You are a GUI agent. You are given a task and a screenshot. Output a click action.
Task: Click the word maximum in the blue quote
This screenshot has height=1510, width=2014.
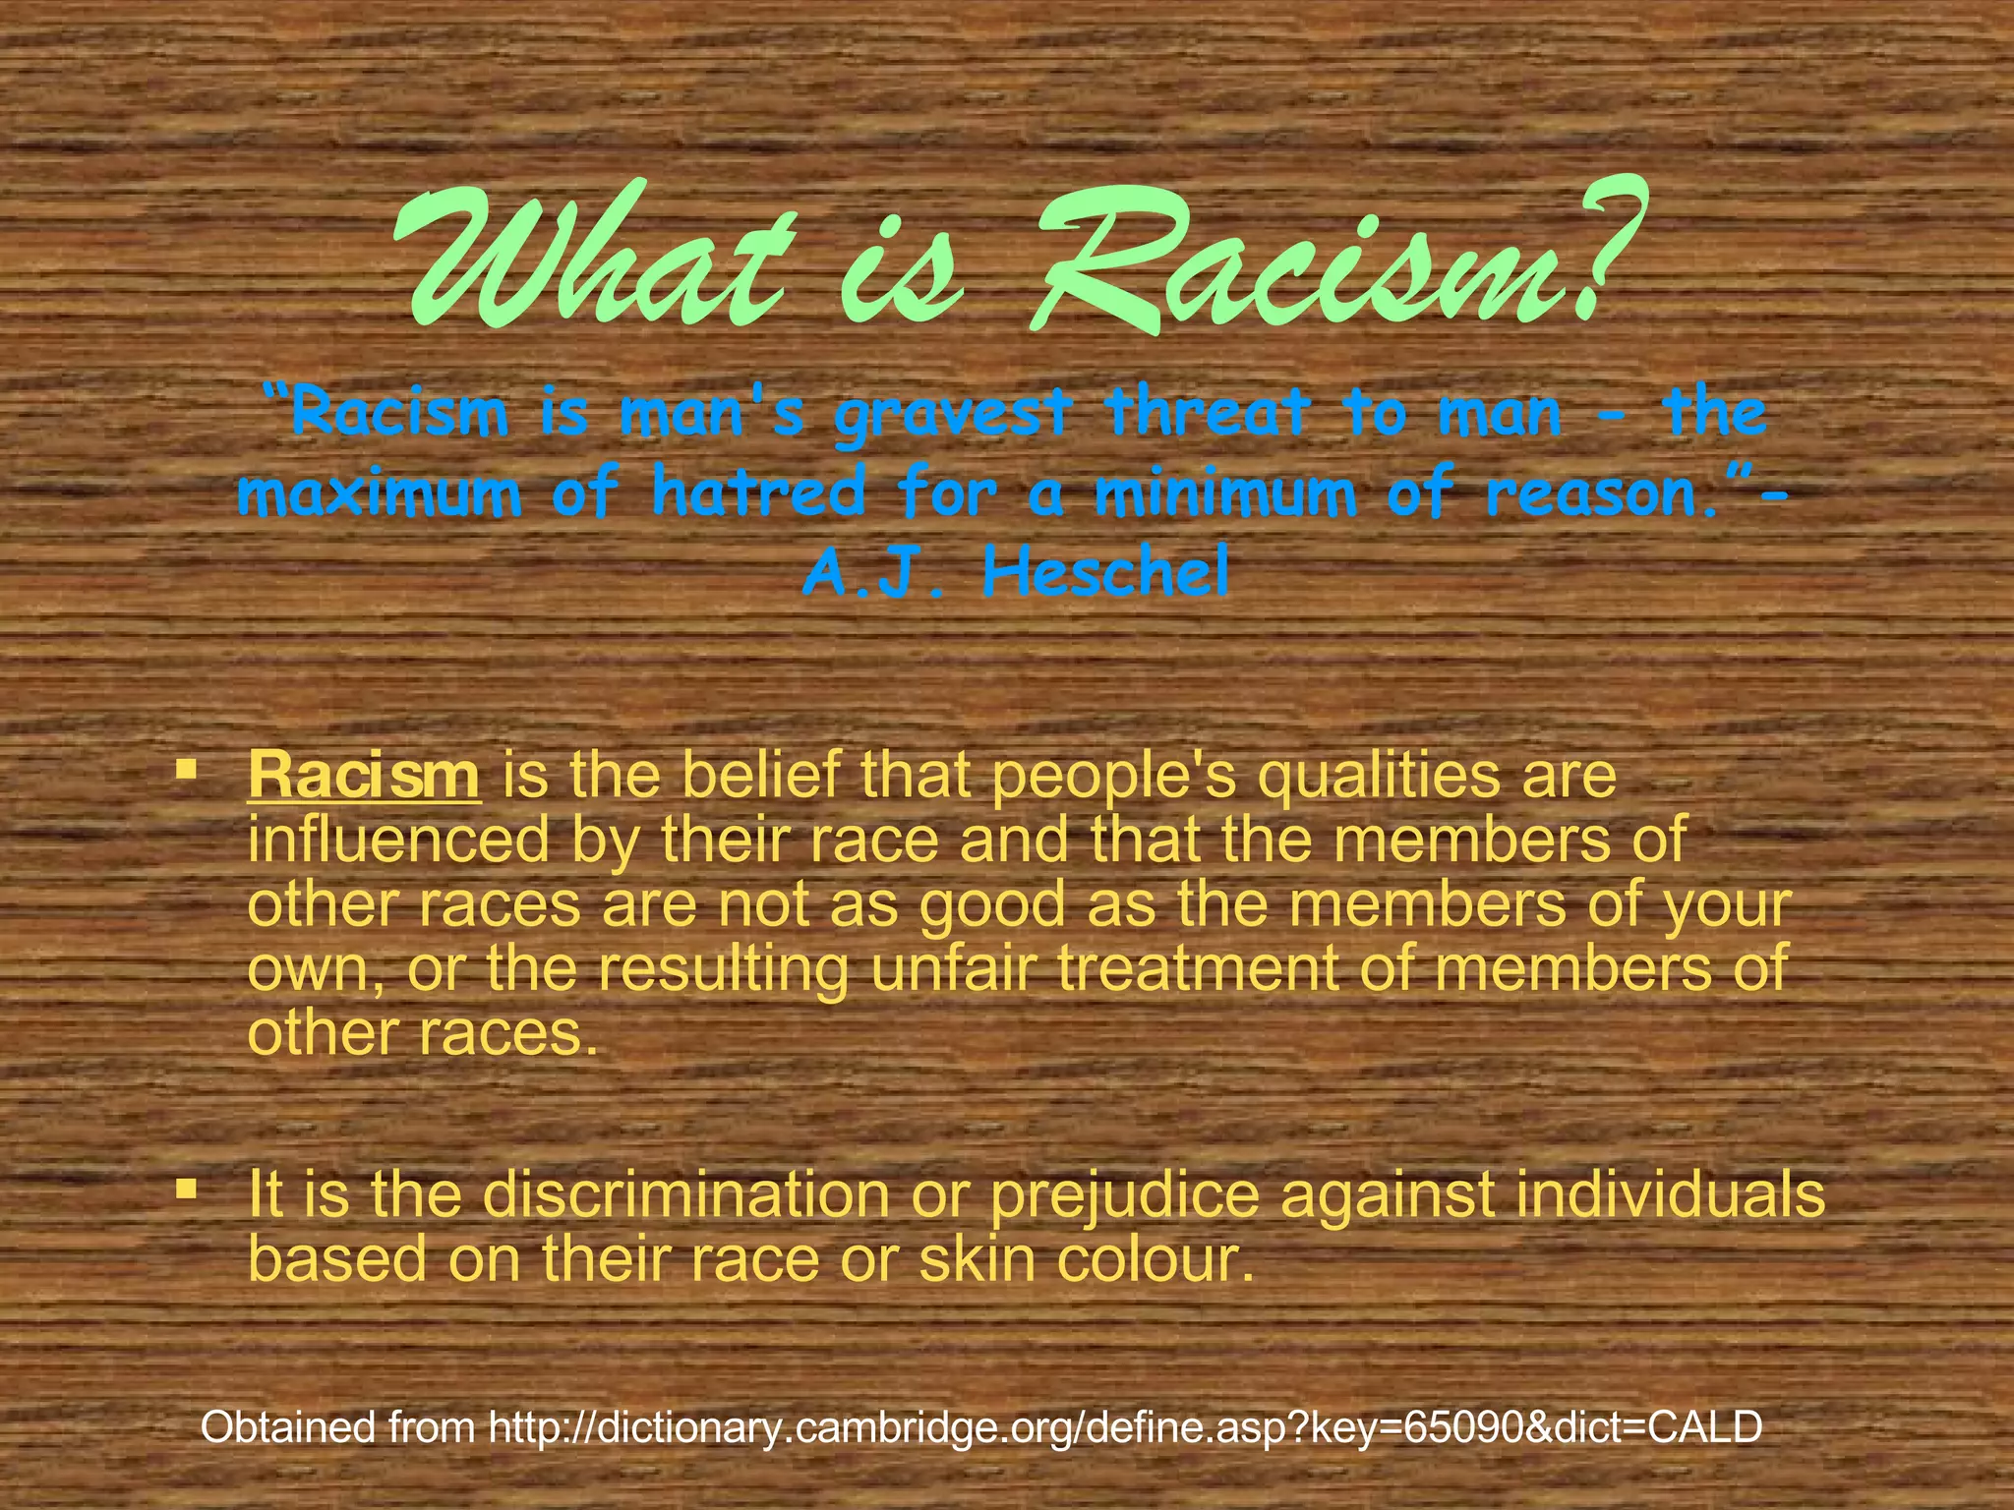[381, 494]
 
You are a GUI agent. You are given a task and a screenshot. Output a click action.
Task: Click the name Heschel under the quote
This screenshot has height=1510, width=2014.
[1106, 575]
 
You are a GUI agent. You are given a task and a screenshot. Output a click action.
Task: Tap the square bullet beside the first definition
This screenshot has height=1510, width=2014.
[184, 766]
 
